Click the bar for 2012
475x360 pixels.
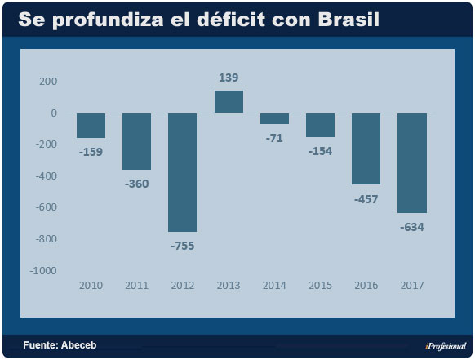pos(182,172)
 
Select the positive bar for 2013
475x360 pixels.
pos(229,102)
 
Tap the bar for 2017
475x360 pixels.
pos(411,162)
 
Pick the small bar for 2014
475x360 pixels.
pos(274,119)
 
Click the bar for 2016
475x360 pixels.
pos(366,149)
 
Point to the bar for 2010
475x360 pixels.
pos(91,126)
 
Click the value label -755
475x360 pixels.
pos(182,245)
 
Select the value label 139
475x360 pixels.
pos(229,78)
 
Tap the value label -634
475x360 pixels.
pos(411,226)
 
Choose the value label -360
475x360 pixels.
pos(136,184)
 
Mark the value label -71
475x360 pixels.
pos(274,137)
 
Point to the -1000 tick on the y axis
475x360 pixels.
pos(43,270)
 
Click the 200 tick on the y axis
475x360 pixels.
pos(48,82)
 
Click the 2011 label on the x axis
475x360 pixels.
pos(136,285)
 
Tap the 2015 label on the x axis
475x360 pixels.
pos(320,285)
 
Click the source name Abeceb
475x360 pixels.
pos(78,345)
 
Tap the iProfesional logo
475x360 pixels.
pos(445,345)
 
